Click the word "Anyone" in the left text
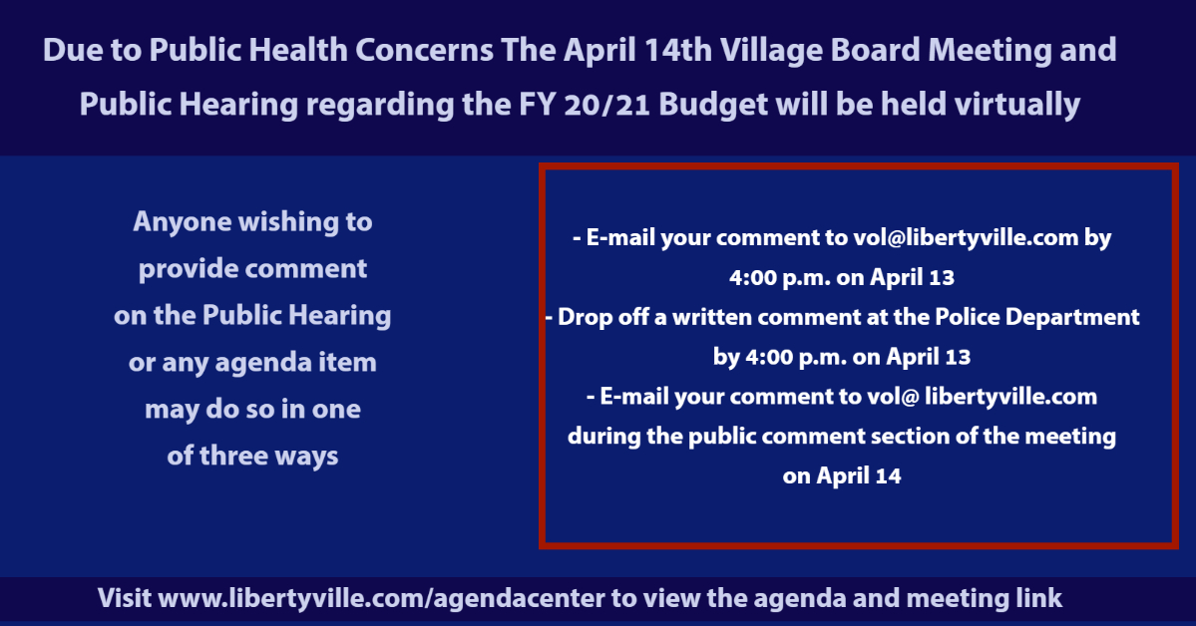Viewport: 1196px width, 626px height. (x=183, y=221)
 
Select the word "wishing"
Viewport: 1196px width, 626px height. (x=289, y=221)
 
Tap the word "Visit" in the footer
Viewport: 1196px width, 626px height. (x=124, y=599)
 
